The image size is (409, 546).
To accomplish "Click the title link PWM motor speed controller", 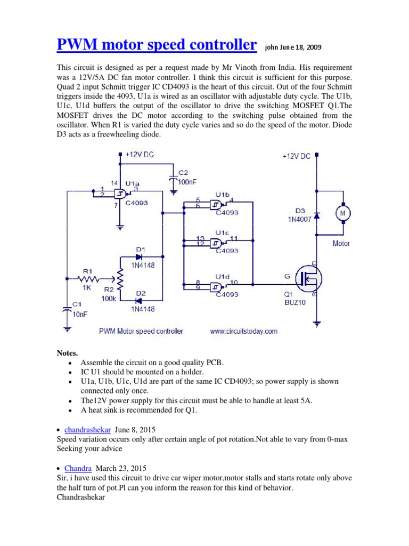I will coord(156,45).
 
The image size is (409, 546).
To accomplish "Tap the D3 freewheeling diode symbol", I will coord(317,215).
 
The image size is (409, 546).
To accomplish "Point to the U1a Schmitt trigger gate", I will coord(121,194).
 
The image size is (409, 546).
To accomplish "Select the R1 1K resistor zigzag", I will coord(89,278).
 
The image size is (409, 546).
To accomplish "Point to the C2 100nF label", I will coord(187,178).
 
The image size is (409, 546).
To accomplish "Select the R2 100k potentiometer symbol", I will coord(120,278).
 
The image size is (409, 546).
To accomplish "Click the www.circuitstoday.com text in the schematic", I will coord(243,331).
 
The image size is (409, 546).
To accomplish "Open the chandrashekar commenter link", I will coord(87,429).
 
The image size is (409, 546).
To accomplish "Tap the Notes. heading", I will coord(67,353).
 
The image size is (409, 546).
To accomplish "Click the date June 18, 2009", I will coord(299,47).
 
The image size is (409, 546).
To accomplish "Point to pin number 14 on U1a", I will coord(114,183).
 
